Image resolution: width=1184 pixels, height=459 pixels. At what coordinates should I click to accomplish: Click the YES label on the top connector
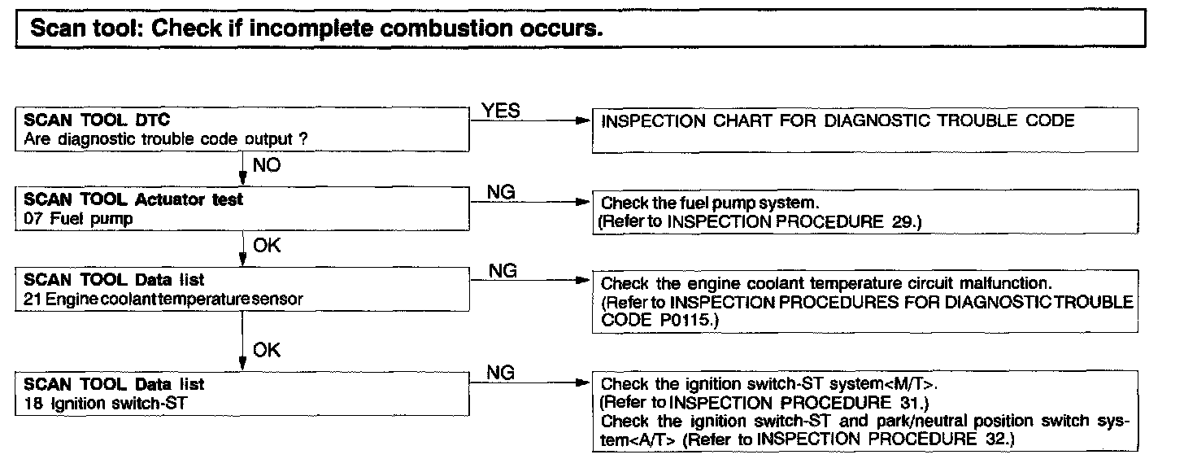[x=502, y=111]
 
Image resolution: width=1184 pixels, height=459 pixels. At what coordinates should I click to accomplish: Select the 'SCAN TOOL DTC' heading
[x=98, y=120]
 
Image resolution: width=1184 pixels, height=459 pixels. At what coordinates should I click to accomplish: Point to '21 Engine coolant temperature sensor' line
[x=163, y=299]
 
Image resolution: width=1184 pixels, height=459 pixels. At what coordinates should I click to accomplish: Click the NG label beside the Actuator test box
[x=502, y=192]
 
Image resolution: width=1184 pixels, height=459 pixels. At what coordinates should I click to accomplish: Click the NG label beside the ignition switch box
[x=502, y=373]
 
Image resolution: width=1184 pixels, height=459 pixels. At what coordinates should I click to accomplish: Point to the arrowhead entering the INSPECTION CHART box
[x=581, y=121]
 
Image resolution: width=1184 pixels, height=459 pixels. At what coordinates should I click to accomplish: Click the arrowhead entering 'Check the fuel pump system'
[x=581, y=202]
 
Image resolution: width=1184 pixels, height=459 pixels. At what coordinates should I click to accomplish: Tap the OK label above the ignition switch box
[x=267, y=350]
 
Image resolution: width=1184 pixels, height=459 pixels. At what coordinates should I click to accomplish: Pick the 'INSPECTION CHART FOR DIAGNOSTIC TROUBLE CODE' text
[x=838, y=121]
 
